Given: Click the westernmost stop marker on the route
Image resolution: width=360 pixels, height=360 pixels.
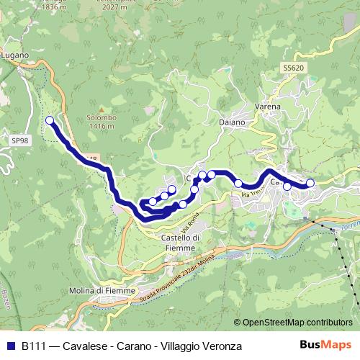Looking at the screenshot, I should [x=50, y=120].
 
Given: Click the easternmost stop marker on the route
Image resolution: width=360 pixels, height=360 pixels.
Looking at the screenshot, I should [x=310, y=183].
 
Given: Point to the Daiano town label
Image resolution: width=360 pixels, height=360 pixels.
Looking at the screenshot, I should [x=233, y=122].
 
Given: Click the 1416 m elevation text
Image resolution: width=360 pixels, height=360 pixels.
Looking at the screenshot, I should [x=100, y=126].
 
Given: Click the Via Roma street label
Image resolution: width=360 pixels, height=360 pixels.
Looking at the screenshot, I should [x=189, y=225].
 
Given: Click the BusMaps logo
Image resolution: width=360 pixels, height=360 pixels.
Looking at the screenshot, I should [x=325, y=346].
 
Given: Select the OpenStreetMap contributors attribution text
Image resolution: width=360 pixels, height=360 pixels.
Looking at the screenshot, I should [x=297, y=323].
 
